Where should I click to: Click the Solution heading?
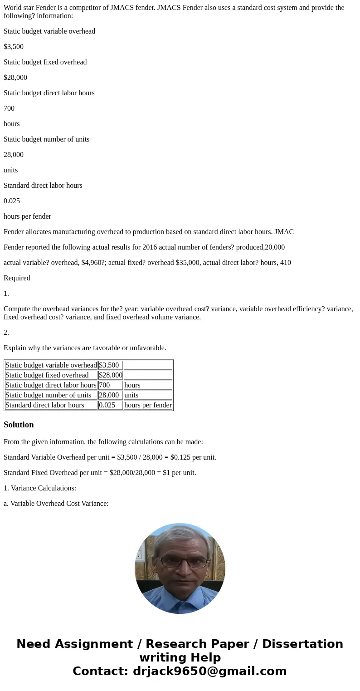tap(19, 425)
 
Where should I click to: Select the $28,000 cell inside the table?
tap(110, 375)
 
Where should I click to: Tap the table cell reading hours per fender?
tap(148, 405)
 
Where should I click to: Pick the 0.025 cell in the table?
tap(107, 405)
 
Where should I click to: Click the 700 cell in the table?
tap(104, 385)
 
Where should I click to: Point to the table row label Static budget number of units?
tap(49, 395)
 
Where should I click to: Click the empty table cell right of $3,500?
tap(148, 365)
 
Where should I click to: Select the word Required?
tap(17, 278)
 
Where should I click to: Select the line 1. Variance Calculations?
tap(40, 488)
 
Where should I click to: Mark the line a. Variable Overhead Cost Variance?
tap(56, 504)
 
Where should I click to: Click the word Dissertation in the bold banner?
tap(302, 644)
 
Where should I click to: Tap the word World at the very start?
tap(12, 8)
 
